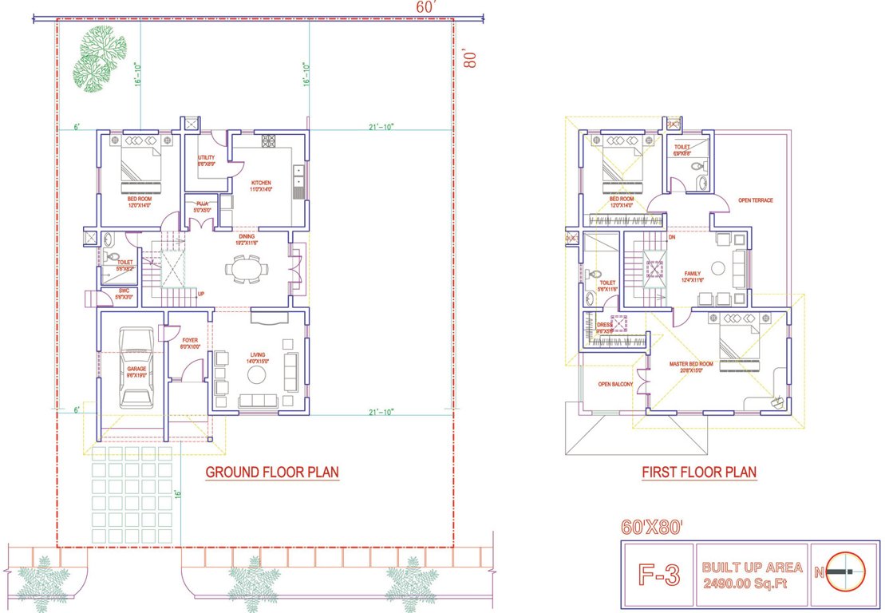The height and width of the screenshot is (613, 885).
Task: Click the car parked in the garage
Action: pos(136,370)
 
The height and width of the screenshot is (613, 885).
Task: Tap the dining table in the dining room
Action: pos(244,269)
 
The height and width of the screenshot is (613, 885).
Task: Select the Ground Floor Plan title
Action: pos(272,473)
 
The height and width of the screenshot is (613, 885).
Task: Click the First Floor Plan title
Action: pos(699,473)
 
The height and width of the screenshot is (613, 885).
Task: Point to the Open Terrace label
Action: pos(755,200)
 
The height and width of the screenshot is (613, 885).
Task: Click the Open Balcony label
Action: pos(615,385)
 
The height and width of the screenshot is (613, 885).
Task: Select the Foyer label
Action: pos(189,342)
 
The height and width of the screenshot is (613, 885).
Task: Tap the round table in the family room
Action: pos(717,267)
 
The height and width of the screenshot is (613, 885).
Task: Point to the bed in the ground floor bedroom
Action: pos(140,166)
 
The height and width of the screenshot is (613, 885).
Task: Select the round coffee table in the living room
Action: pos(257,374)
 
